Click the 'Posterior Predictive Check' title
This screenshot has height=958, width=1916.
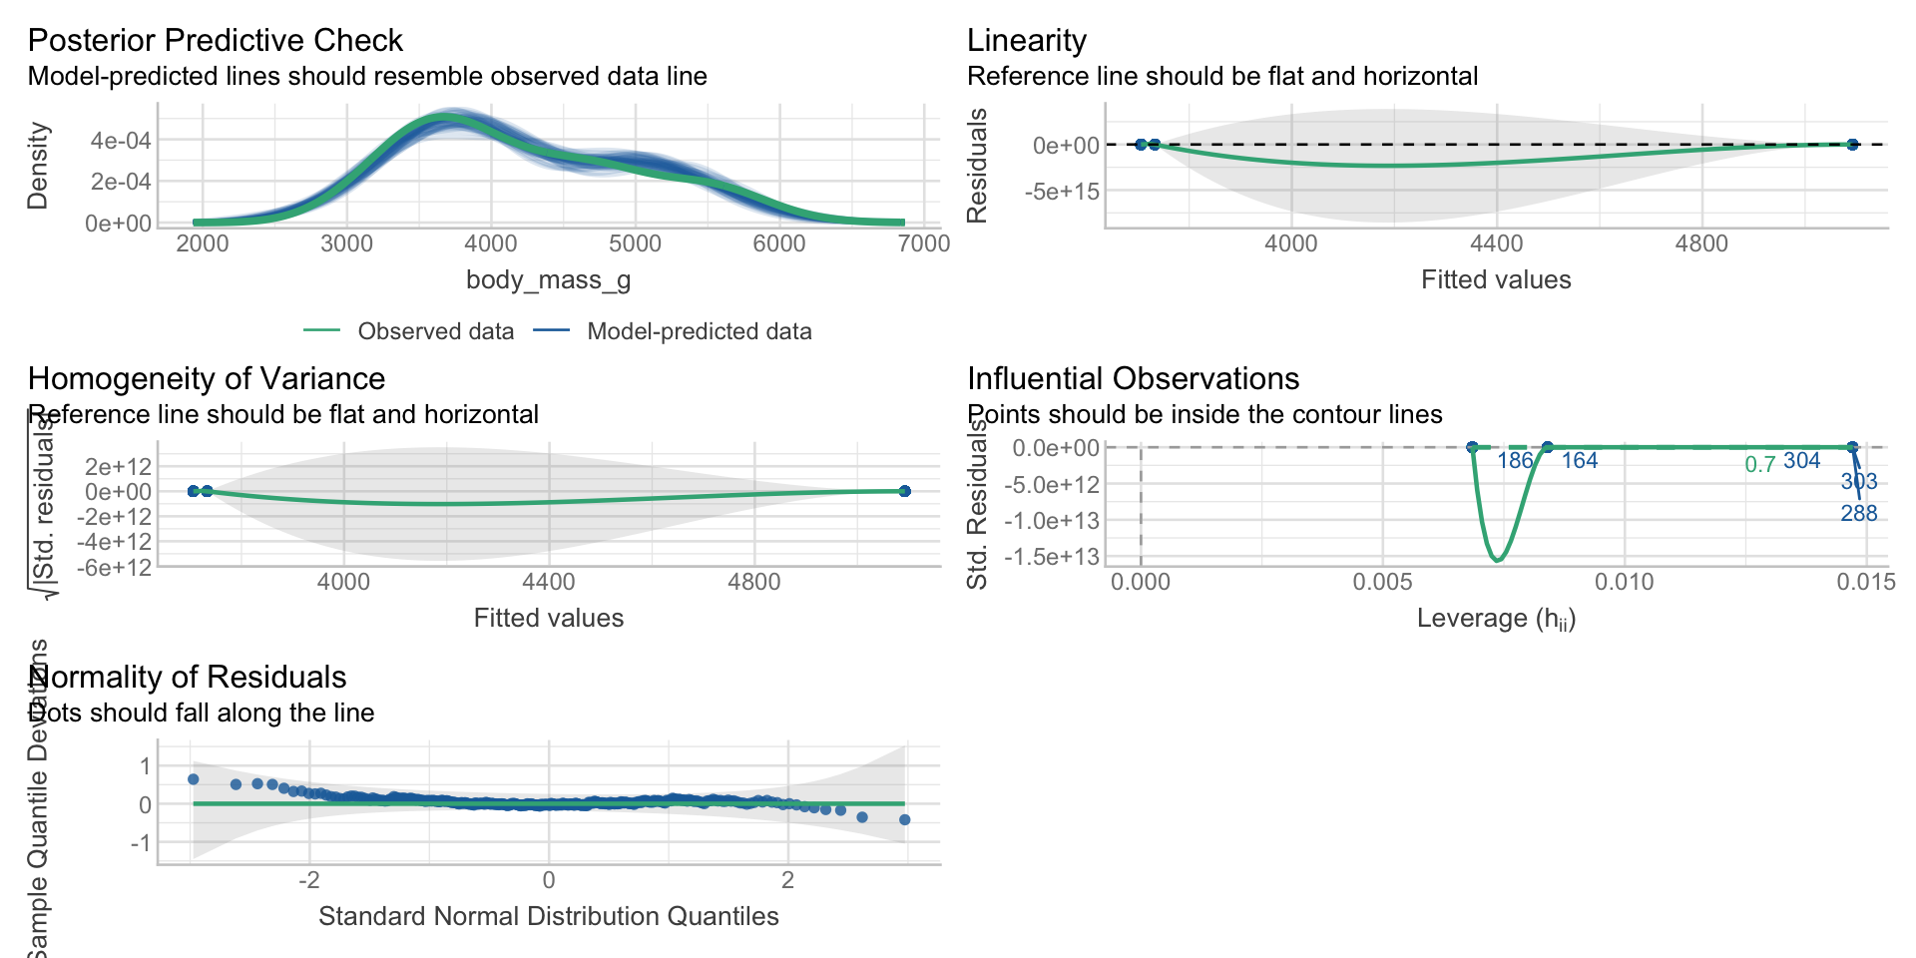pos(215,40)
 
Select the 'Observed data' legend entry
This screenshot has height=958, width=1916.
pos(435,331)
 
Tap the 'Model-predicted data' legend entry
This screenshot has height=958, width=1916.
pos(699,331)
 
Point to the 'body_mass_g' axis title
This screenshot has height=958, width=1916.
pos(548,279)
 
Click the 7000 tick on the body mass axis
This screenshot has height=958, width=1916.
pos(923,243)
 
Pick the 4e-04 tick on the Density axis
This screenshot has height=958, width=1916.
pos(121,141)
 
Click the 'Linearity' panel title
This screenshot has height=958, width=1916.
pos(1026,40)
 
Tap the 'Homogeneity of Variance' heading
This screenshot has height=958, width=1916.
pos(206,378)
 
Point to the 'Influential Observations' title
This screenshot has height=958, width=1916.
pos(1133,378)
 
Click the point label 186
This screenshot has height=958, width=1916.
pos(1515,461)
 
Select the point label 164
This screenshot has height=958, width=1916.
pos(1579,461)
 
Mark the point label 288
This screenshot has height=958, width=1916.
pos(1858,514)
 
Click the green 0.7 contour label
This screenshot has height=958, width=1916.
pos(1759,465)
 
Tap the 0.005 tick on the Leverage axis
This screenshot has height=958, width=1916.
pos(1382,582)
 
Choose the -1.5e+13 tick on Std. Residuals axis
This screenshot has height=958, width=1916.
pos(1052,556)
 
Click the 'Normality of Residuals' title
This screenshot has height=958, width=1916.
pos(189,677)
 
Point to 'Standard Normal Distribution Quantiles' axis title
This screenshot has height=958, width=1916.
pos(548,916)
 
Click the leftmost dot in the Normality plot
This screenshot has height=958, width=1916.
pos(194,779)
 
